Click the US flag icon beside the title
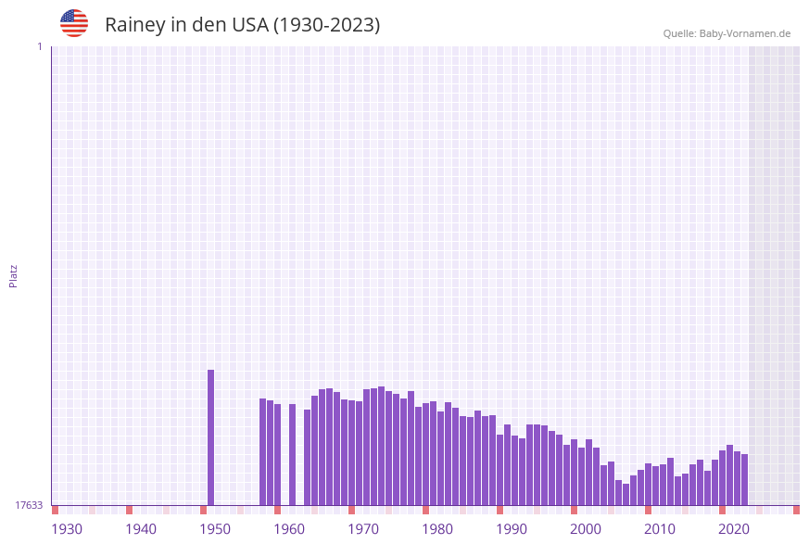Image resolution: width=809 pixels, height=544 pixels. click(x=74, y=23)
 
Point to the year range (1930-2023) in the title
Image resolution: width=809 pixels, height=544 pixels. click(x=326, y=25)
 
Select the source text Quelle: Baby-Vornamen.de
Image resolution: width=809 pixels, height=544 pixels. click(x=727, y=33)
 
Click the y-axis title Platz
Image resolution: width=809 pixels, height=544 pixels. click(x=14, y=275)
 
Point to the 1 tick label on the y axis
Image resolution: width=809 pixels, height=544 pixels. click(x=39, y=46)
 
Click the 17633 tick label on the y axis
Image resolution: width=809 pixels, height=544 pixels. click(x=29, y=505)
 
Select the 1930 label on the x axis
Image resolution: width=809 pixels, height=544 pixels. click(x=67, y=529)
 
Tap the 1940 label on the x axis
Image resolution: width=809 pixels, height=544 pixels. click(x=141, y=529)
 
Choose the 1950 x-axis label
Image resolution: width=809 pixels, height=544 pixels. click(x=215, y=529)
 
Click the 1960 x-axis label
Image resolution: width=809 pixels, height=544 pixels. click(x=289, y=529)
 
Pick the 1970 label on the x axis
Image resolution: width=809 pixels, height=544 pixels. click(x=363, y=529)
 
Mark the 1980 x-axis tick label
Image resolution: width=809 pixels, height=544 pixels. click(x=437, y=529)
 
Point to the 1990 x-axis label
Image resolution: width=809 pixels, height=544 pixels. click(x=512, y=529)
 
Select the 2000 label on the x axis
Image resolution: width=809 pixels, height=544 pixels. click(x=586, y=529)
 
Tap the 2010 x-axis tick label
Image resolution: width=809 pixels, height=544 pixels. click(x=660, y=529)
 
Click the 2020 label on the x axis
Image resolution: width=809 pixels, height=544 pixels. click(x=734, y=529)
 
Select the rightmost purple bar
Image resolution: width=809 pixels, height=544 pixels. click(x=744, y=479)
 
